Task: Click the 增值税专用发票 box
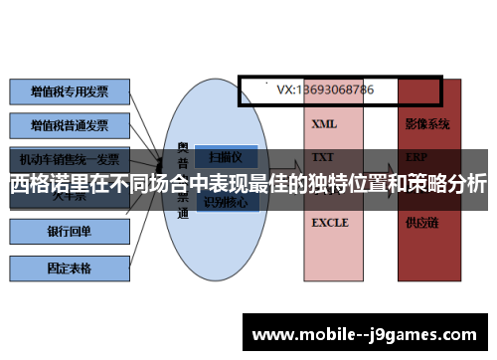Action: (69, 91)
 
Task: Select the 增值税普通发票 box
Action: (69, 125)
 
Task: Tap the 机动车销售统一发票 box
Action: (69, 159)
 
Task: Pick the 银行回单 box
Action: (69, 232)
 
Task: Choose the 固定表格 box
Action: (69, 268)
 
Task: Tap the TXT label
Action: (322, 157)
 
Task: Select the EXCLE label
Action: (329, 223)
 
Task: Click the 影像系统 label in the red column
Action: (427, 125)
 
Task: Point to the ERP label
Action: (416, 157)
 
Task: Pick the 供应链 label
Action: (421, 223)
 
